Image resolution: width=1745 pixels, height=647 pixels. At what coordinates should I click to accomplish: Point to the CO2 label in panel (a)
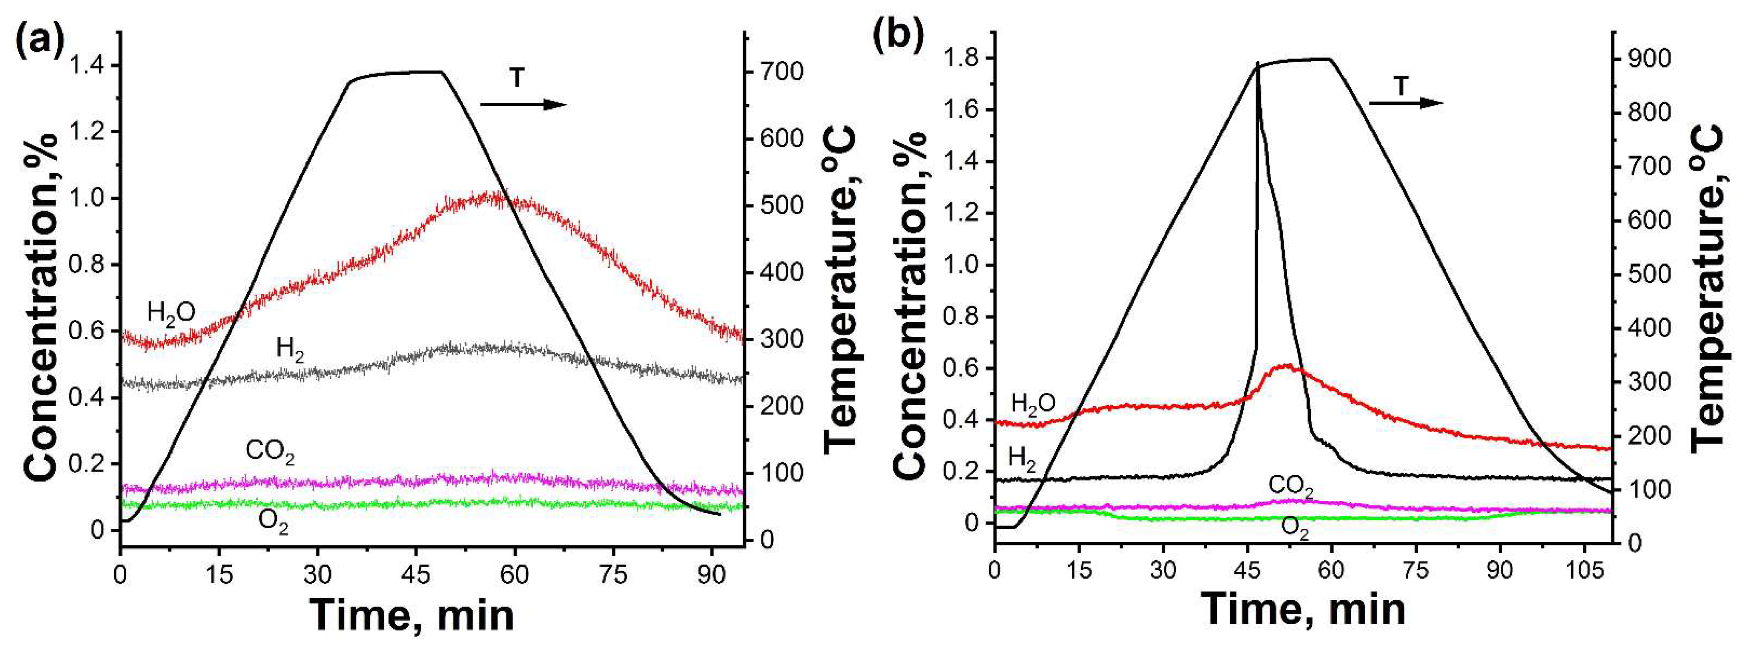tap(270, 451)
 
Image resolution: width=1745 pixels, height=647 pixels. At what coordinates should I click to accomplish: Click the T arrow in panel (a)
tap(523, 104)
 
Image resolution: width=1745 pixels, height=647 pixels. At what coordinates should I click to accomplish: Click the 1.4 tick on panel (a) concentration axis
tap(87, 66)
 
